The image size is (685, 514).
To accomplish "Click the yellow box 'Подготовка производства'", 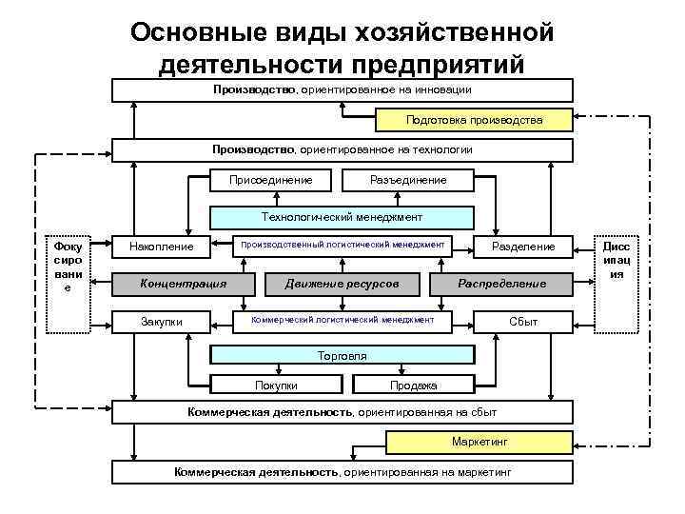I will click(474, 120).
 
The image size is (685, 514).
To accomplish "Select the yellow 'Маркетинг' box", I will click(480, 443).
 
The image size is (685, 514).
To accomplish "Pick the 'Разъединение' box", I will click(408, 179).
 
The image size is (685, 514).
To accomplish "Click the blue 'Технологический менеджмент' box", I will click(342, 217).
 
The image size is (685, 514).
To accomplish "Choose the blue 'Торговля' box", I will click(342, 356).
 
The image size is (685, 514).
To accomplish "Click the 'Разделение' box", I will click(523, 247).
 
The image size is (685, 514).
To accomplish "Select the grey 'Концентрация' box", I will click(183, 284).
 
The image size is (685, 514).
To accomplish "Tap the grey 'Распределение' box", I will click(502, 284).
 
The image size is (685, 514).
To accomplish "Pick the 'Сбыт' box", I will click(523, 322).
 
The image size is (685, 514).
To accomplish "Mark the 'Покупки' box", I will click(276, 385).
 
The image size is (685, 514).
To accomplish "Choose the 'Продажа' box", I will click(413, 385).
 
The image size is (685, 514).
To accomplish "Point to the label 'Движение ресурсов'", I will click(342, 284).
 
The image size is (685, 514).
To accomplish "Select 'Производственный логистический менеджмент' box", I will click(342, 245).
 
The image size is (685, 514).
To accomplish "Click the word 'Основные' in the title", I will click(187, 32).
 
